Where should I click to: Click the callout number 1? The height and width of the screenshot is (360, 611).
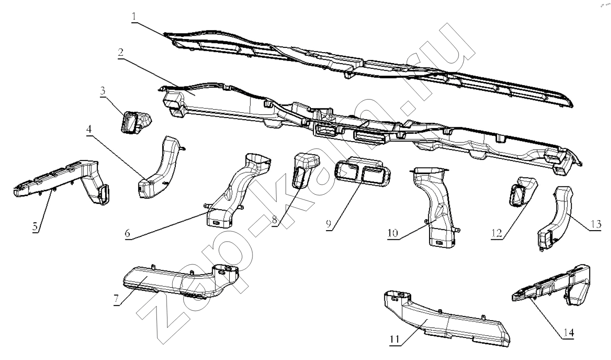[134, 17]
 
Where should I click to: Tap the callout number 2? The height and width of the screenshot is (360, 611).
[121, 53]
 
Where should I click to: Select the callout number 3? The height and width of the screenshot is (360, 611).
[102, 91]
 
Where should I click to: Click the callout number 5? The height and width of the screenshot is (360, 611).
[35, 227]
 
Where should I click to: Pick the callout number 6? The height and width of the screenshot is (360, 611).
[128, 234]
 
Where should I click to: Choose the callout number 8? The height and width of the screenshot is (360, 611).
[275, 220]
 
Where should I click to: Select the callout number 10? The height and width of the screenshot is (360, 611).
[393, 233]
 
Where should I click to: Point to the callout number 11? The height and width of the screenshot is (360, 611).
[394, 339]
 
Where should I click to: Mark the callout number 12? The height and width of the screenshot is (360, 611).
[497, 234]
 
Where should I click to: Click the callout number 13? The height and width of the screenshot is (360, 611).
[597, 225]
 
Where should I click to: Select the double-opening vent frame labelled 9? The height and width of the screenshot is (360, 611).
[363, 172]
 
